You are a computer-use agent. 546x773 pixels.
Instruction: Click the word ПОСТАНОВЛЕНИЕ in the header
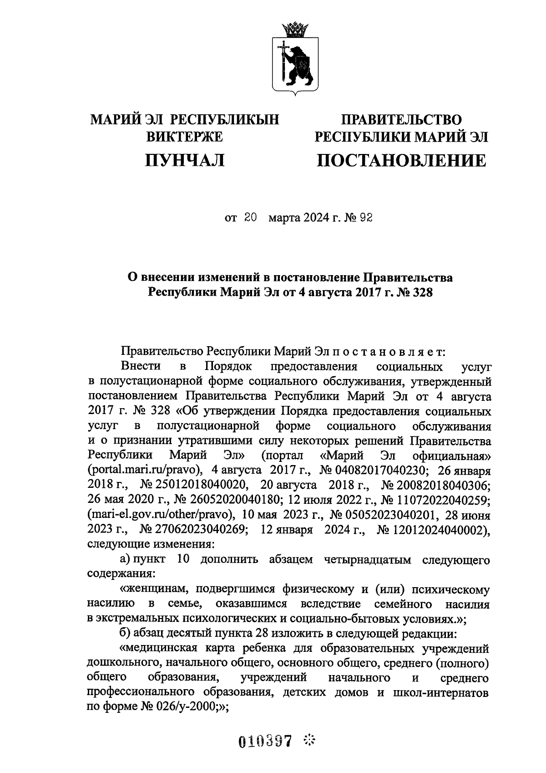pyautogui.click(x=401, y=160)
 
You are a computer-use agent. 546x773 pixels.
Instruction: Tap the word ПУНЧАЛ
pyautogui.click(x=185, y=160)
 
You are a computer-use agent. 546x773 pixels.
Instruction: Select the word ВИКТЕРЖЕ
pyautogui.click(x=185, y=137)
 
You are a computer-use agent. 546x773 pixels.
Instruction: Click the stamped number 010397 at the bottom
pyautogui.click(x=265, y=741)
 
